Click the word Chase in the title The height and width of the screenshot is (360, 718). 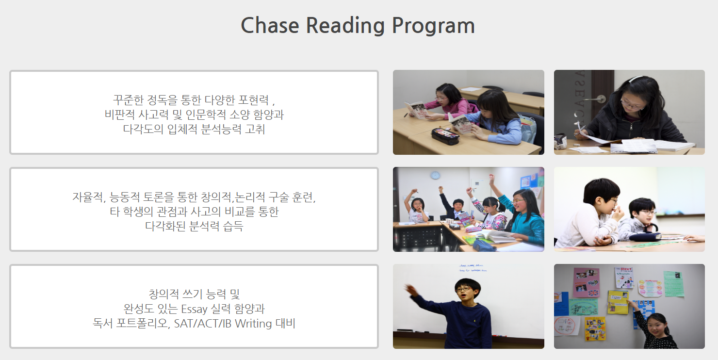(x=270, y=25)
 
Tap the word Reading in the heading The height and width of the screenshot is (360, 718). (x=345, y=26)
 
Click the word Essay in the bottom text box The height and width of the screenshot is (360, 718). (x=194, y=309)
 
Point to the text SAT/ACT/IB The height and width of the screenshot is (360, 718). (x=203, y=324)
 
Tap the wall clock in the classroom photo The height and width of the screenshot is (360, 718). (x=435, y=175)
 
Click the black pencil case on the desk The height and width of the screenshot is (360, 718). (x=445, y=136)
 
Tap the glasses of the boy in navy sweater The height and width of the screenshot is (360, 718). (x=464, y=289)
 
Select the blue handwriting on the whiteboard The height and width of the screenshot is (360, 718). (x=473, y=268)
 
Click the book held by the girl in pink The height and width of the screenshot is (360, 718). (x=416, y=110)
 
